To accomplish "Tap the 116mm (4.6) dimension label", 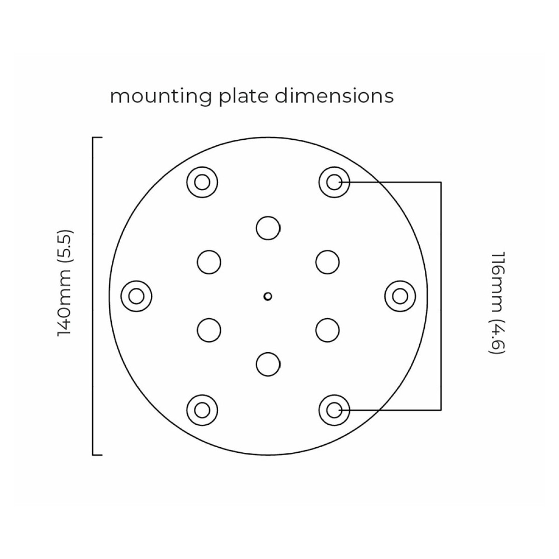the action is click(x=497, y=303).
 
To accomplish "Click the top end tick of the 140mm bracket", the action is click(x=97, y=137).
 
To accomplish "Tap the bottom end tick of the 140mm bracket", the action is click(x=97, y=455).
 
